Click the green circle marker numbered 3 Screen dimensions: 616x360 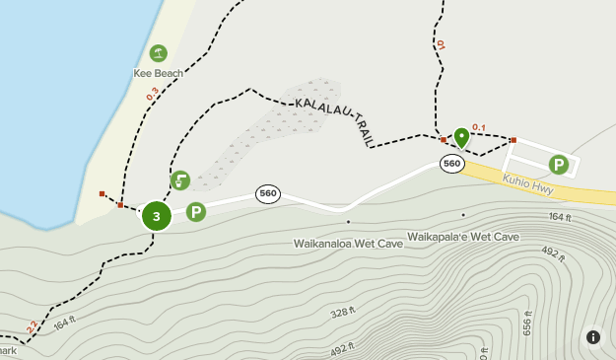click(x=156, y=215)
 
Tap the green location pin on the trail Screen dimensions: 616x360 click(x=461, y=137)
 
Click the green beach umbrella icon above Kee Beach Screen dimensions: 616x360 click(x=158, y=52)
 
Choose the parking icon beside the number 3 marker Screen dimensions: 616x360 click(x=196, y=211)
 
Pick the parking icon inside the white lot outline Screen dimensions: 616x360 click(x=559, y=165)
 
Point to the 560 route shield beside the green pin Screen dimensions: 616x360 click(x=452, y=164)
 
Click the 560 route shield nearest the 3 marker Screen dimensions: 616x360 click(x=267, y=193)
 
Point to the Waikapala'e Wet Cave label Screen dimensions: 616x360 click(x=463, y=237)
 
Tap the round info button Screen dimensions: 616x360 click(x=593, y=337)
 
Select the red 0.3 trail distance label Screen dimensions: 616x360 click(x=152, y=95)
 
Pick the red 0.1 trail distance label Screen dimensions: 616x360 click(x=479, y=126)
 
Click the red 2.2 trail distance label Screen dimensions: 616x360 click(x=32, y=324)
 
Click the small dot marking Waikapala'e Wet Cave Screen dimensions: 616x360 click(x=463, y=215)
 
